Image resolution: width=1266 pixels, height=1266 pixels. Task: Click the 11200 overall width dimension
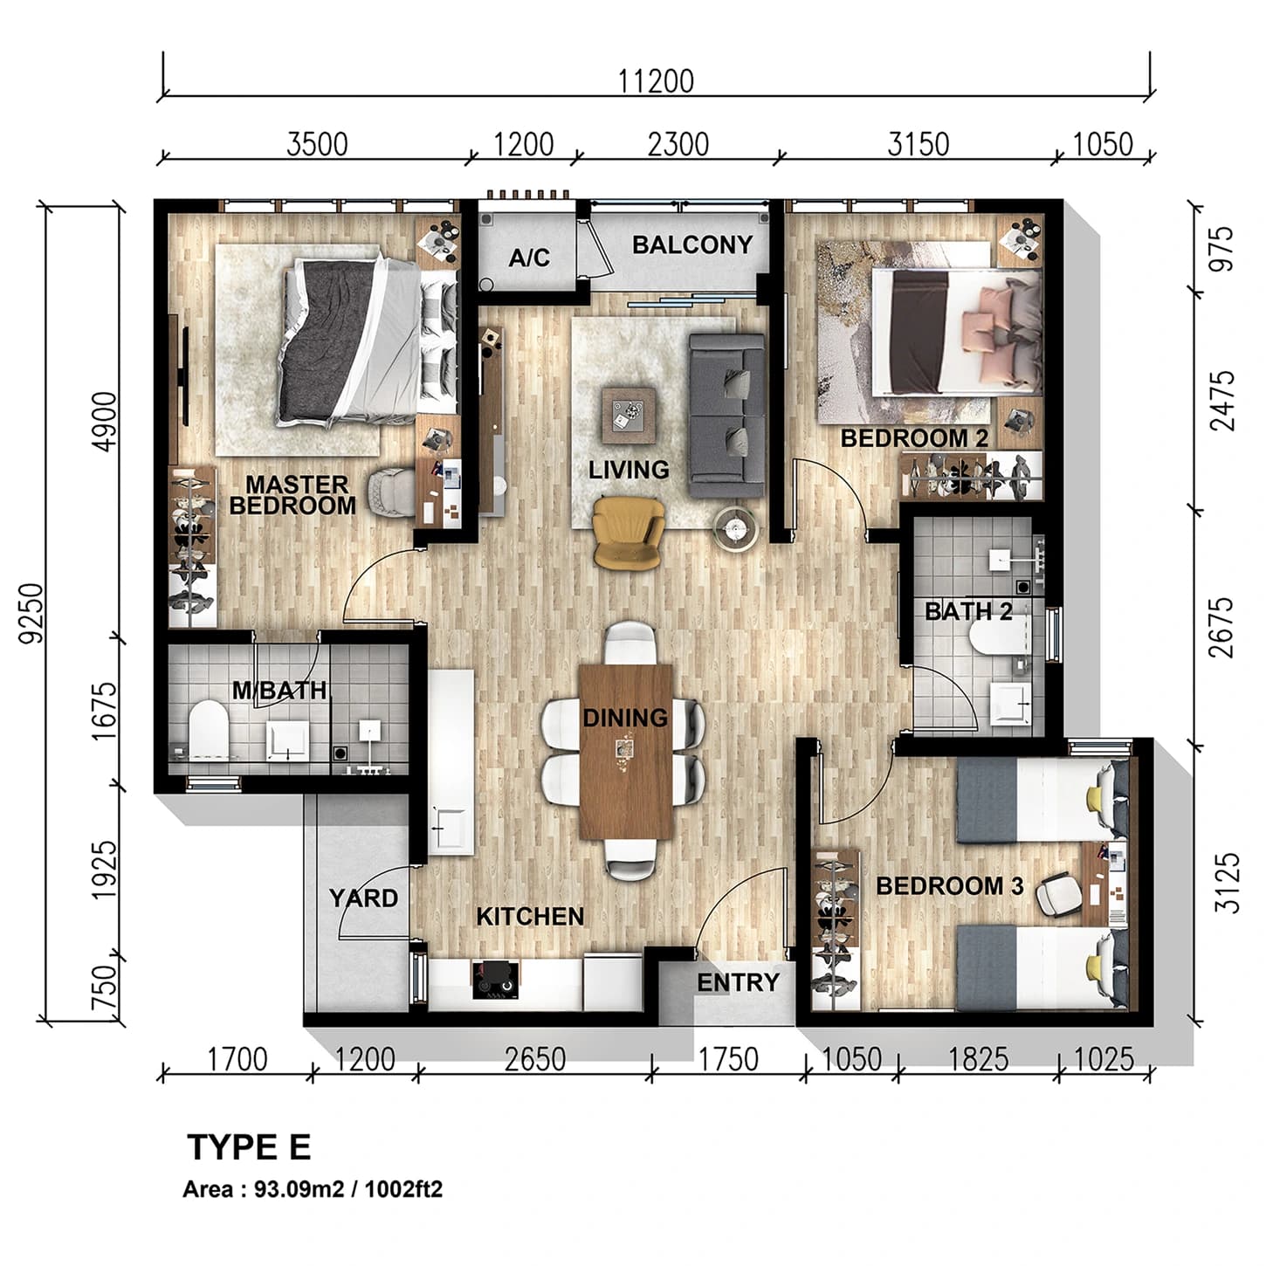click(x=656, y=81)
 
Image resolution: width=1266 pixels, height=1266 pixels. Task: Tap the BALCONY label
click(x=691, y=245)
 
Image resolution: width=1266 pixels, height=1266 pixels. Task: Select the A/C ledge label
click(x=529, y=258)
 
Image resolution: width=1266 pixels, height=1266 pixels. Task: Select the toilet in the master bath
click(x=208, y=727)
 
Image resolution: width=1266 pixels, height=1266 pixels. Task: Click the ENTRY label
click(x=738, y=983)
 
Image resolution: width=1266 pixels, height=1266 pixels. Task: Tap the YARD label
click(x=363, y=898)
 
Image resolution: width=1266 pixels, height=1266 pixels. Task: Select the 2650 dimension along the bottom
click(x=534, y=1060)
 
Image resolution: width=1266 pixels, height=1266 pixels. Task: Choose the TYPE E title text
click(x=249, y=1147)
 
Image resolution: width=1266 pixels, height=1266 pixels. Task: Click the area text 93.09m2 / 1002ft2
click(x=313, y=1189)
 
